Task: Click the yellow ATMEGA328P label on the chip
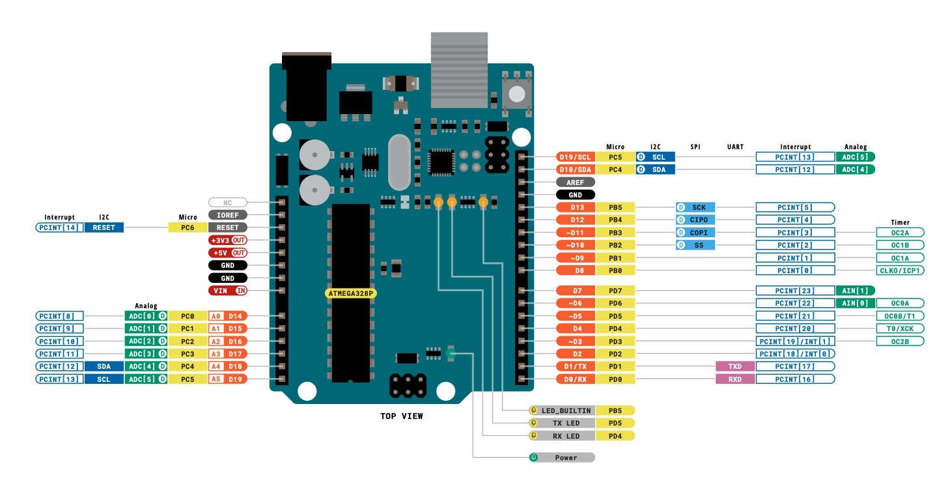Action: (x=351, y=293)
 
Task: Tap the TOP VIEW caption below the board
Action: (x=401, y=416)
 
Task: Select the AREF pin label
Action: (x=575, y=182)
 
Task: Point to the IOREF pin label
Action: (x=227, y=214)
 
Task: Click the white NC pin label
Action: (x=227, y=202)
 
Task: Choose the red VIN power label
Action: (x=227, y=291)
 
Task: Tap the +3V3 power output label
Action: (x=227, y=240)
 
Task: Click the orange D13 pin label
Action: (x=575, y=207)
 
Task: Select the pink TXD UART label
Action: (x=734, y=366)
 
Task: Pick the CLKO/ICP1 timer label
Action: (x=901, y=270)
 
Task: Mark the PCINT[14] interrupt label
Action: (x=59, y=227)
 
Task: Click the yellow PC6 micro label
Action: (x=188, y=227)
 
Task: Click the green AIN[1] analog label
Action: (x=855, y=291)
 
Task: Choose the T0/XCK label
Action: (x=901, y=328)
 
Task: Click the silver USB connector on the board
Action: (x=459, y=70)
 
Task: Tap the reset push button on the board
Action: (x=516, y=93)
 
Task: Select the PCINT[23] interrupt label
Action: (x=795, y=291)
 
